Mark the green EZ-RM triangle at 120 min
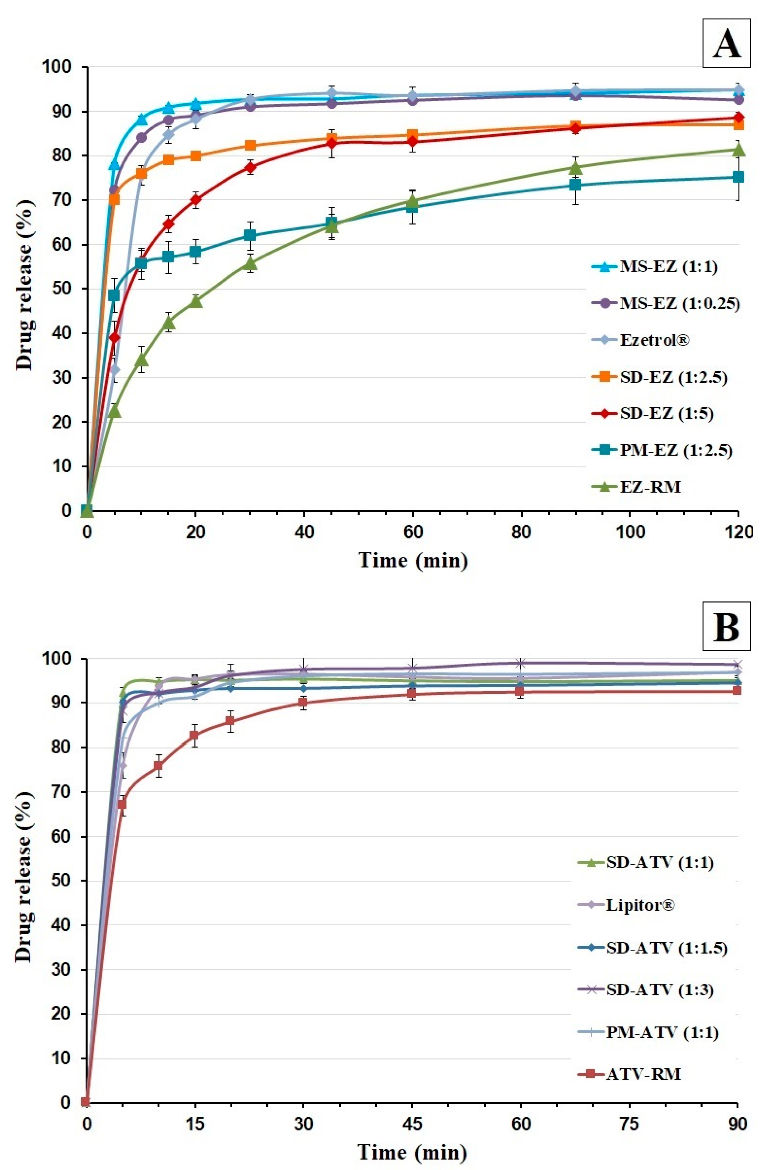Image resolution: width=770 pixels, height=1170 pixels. coord(738,150)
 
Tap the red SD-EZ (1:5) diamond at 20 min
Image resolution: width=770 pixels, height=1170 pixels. coord(196,200)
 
